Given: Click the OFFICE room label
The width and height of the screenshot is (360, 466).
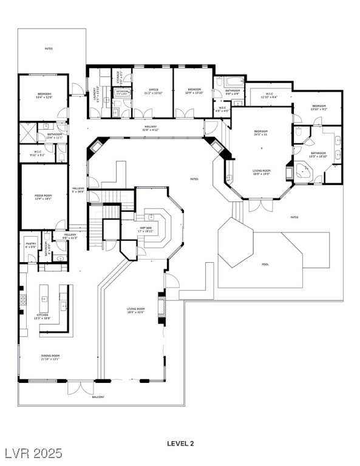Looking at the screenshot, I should click(152, 91).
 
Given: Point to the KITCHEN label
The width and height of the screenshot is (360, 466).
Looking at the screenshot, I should click(42, 316).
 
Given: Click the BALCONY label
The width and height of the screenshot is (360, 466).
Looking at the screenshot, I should click(98, 397).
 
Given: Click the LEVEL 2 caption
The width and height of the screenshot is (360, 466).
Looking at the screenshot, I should click(180, 444).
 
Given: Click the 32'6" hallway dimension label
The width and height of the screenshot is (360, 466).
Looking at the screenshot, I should click(150, 128).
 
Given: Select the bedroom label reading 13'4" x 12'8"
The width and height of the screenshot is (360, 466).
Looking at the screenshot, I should click(44, 95).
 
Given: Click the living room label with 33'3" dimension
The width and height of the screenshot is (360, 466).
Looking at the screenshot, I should click(135, 311).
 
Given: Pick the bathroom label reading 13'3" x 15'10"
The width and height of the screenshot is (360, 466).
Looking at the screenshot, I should click(318, 155).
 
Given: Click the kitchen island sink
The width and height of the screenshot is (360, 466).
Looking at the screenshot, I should click(45, 299).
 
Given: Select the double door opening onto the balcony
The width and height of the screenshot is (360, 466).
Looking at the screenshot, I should click(79, 387).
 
